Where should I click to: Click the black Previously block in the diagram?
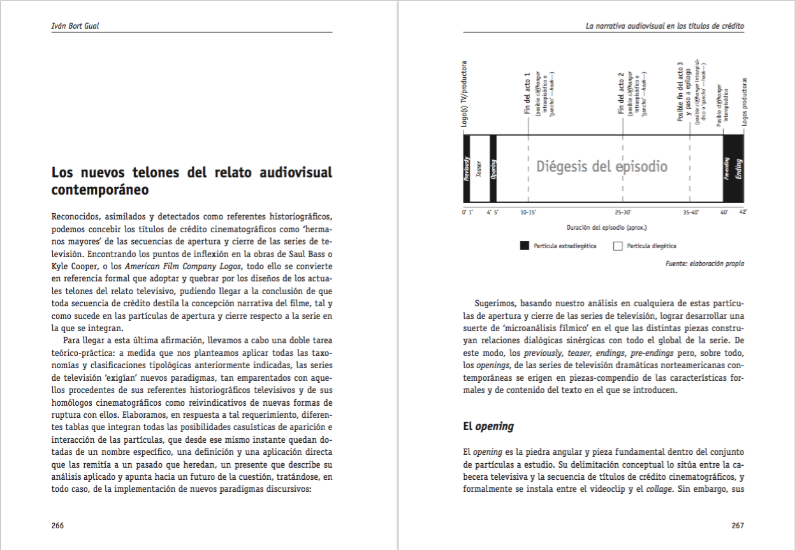point(466,168)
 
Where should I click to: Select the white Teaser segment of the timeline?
point(479,168)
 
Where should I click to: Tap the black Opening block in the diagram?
point(493,168)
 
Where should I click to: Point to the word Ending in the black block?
point(738,168)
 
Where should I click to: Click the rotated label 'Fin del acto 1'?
point(527,93)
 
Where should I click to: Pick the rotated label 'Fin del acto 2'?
point(621,93)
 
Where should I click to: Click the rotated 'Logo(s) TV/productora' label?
point(465,94)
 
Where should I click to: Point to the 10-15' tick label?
point(528,211)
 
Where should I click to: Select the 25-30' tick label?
point(622,211)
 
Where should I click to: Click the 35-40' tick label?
point(690,211)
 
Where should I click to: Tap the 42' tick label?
point(742,211)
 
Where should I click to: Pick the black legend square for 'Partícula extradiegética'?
point(525,246)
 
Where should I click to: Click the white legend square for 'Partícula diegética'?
point(617,246)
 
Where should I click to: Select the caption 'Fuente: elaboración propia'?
point(704,263)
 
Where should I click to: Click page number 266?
point(57,526)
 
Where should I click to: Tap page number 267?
point(738,526)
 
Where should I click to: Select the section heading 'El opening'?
point(488,426)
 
